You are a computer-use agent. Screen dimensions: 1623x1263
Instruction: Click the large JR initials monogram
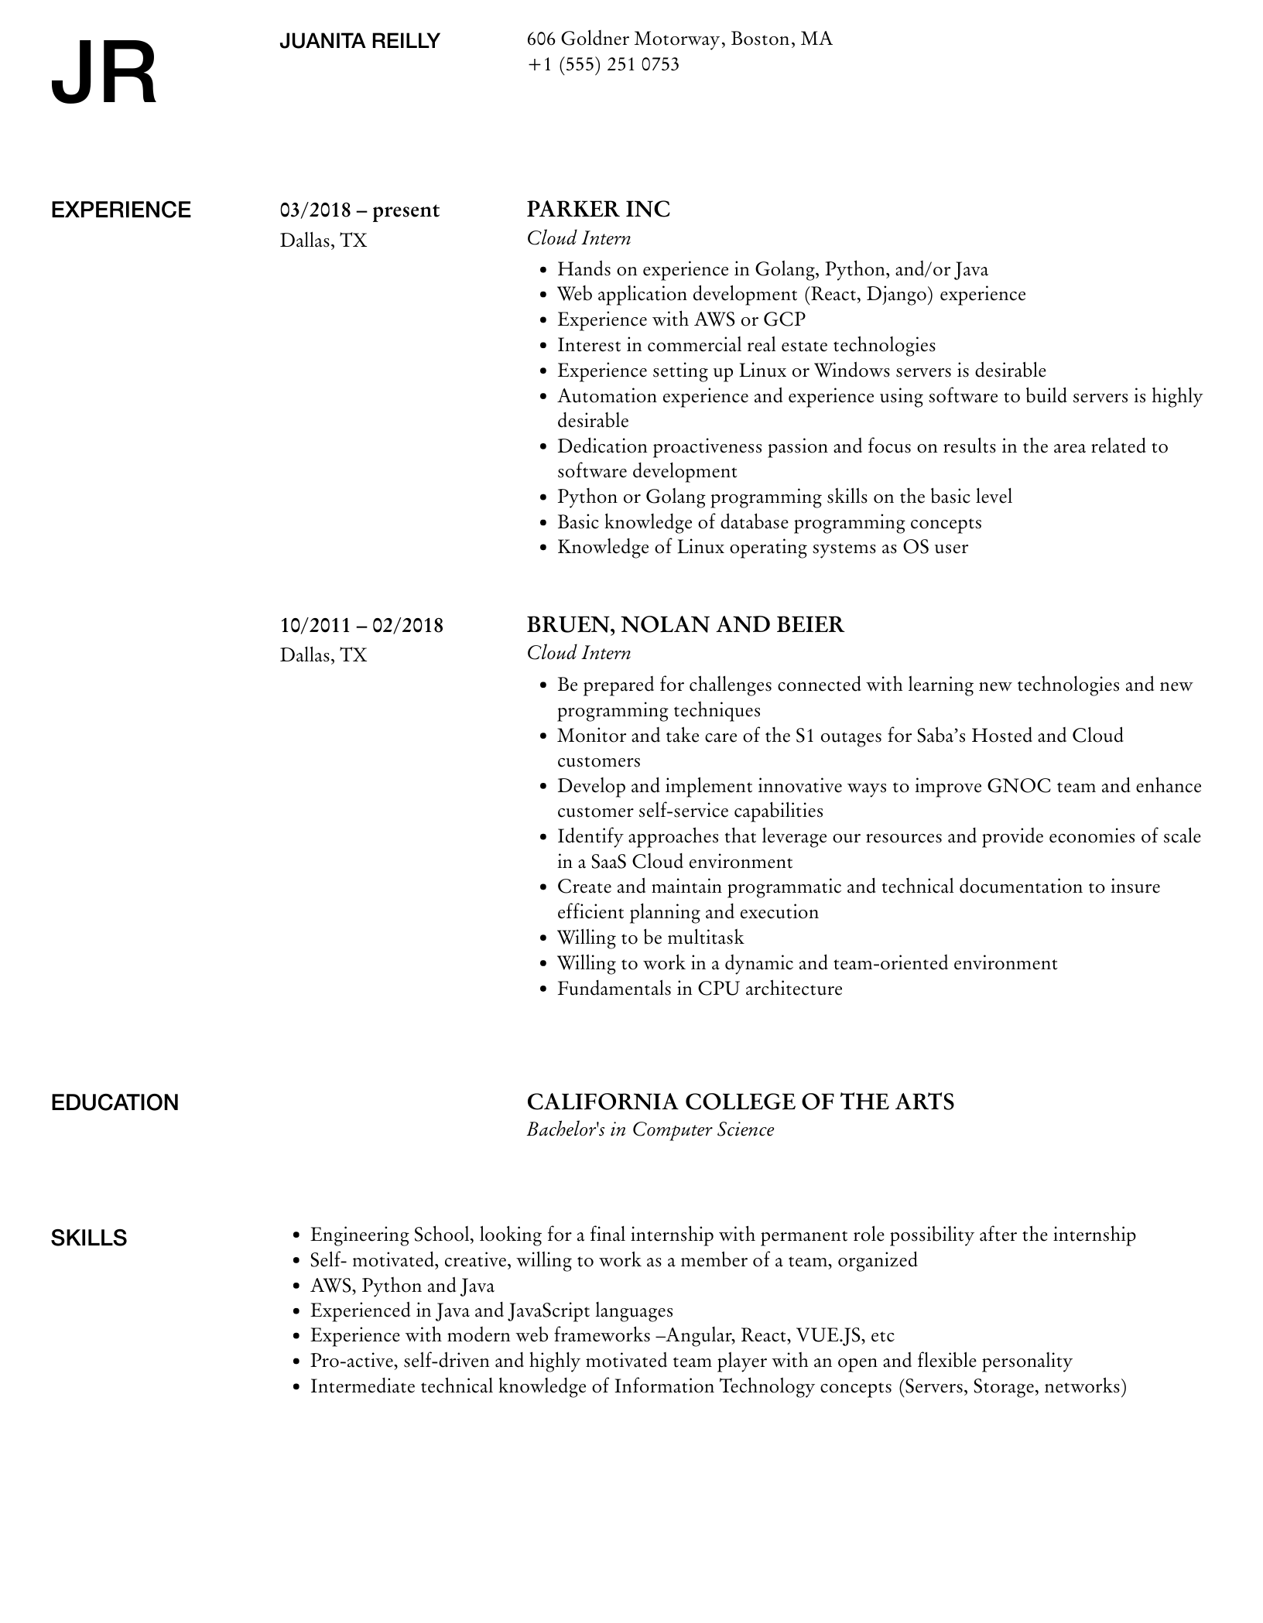pyautogui.click(x=104, y=74)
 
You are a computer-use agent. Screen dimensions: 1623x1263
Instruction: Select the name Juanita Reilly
pyautogui.click(x=359, y=41)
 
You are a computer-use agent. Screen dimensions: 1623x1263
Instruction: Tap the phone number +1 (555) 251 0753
pyautogui.click(x=603, y=64)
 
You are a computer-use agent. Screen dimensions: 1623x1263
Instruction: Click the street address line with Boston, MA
pyautogui.click(x=679, y=39)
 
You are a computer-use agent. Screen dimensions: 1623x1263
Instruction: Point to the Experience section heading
pyautogui.click(x=121, y=210)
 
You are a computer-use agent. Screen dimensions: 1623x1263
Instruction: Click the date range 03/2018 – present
pyautogui.click(x=359, y=210)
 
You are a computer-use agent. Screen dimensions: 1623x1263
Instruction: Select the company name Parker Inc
pyautogui.click(x=597, y=210)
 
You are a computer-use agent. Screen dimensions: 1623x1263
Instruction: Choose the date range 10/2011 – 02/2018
pyautogui.click(x=361, y=625)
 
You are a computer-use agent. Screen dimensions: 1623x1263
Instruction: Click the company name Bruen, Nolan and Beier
pyautogui.click(x=685, y=624)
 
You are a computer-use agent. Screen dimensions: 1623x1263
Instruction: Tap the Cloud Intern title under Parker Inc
pyautogui.click(x=578, y=238)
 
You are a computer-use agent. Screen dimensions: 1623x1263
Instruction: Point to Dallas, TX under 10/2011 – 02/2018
pyautogui.click(x=323, y=655)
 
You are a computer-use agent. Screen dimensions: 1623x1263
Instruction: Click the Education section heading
pyautogui.click(x=115, y=1102)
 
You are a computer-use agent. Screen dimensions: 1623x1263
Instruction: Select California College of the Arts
pyautogui.click(x=740, y=1102)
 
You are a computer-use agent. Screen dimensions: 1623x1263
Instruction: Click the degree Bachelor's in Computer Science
pyautogui.click(x=650, y=1129)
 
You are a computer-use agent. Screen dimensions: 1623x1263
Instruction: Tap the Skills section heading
pyautogui.click(x=89, y=1238)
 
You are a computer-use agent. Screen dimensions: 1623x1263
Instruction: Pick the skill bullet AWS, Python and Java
pyautogui.click(x=402, y=1286)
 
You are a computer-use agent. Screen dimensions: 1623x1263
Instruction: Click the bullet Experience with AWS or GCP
pyautogui.click(x=681, y=319)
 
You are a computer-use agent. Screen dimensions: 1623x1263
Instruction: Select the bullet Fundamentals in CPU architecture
pyautogui.click(x=699, y=989)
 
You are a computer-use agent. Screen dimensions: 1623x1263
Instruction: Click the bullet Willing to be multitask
pyautogui.click(x=650, y=938)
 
